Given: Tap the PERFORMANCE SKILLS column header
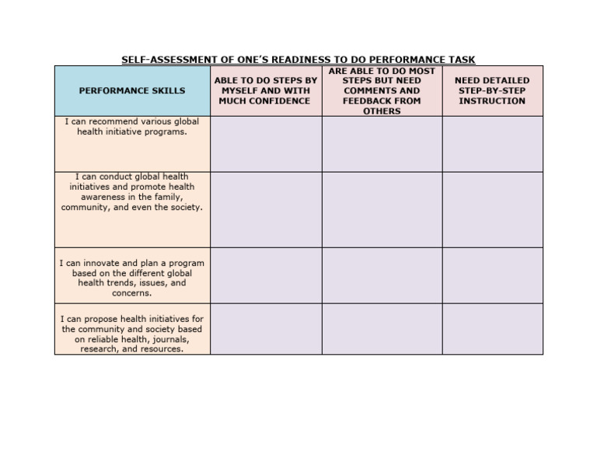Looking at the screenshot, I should tap(132, 91).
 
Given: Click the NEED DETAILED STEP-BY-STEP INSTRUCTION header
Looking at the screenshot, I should tap(492, 90).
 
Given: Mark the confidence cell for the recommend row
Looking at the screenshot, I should tap(266, 144).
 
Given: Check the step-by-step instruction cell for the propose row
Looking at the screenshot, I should tap(492, 329).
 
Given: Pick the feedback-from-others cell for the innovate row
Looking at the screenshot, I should tap(382, 275).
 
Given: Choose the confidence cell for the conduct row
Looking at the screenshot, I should tap(266, 209).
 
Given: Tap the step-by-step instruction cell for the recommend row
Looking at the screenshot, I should tap(492, 144).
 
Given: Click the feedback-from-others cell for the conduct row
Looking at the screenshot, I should tap(382, 209).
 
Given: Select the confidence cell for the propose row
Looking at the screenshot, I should tap(266, 329).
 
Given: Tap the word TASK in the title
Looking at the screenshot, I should tap(463, 60).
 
